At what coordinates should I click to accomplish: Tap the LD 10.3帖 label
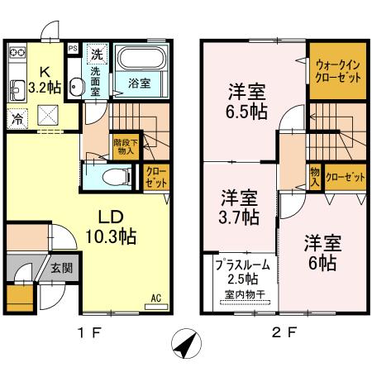tap(112, 226)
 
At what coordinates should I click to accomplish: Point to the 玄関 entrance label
tap(61, 268)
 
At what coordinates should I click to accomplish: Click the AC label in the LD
tap(155, 298)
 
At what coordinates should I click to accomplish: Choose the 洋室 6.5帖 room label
tap(246, 100)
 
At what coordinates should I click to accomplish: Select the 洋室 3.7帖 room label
tap(240, 207)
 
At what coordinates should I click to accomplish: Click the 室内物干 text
tap(241, 295)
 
